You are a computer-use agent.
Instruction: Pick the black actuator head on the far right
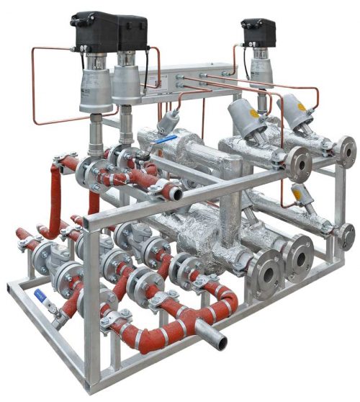(258, 33)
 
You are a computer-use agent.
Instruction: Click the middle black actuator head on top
(132, 33)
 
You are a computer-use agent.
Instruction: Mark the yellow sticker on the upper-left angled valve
(253, 113)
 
